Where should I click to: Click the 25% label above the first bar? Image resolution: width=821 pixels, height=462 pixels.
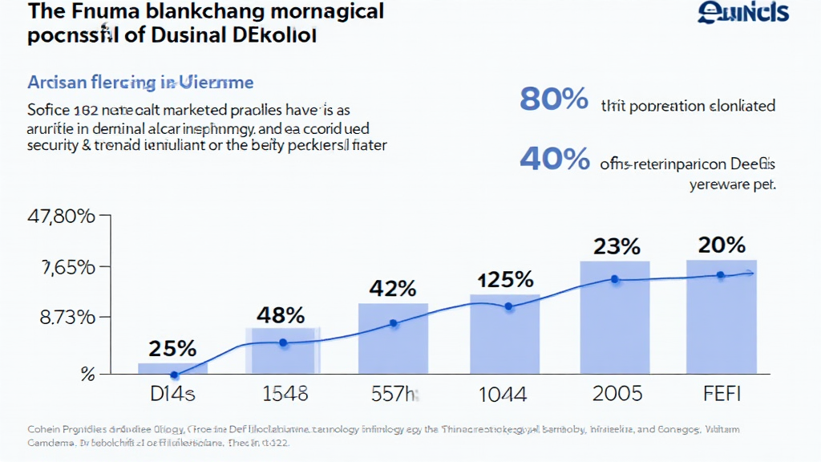[x=172, y=349]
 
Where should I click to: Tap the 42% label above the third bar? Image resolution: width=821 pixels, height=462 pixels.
[x=393, y=289]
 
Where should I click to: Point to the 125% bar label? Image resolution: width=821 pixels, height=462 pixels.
[x=505, y=280]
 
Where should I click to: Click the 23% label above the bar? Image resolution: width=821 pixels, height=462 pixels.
[x=617, y=246]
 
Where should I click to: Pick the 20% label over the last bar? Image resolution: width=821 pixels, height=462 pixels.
[x=721, y=245]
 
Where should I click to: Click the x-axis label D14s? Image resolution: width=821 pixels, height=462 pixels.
[x=173, y=394]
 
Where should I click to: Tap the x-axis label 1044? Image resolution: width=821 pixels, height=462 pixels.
[x=504, y=394]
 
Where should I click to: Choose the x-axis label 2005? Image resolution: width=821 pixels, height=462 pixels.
[x=617, y=394]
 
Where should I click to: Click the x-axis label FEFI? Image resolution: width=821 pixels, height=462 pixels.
[x=721, y=394]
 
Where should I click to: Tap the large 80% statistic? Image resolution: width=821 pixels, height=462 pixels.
[x=554, y=99]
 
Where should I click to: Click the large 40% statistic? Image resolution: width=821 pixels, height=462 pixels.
[x=554, y=158]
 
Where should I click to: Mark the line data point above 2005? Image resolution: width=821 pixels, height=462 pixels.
[x=615, y=279]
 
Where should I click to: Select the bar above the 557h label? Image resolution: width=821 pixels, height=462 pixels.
[x=393, y=338]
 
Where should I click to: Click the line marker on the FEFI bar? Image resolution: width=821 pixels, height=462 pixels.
[x=720, y=275]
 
